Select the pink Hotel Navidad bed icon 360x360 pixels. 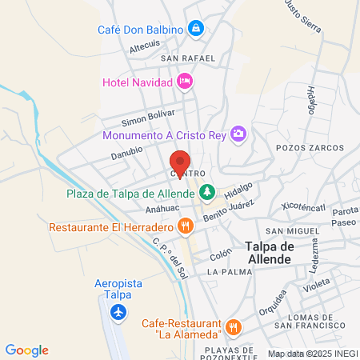pyautogui.click(x=185, y=80)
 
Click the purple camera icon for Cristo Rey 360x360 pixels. pyautogui.click(x=238, y=134)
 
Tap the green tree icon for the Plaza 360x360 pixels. pyautogui.click(x=207, y=193)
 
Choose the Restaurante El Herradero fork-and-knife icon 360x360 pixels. pyautogui.click(x=185, y=226)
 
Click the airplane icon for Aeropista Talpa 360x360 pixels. pyautogui.click(x=119, y=312)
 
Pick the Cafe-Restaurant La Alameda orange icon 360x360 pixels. pyautogui.click(x=234, y=326)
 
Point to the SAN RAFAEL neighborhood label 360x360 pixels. pyautogui.click(x=188, y=58)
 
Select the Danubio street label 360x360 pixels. pyautogui.click(x=126, y=150)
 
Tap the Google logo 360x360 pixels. pyautogui.click(x=27, y=350)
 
